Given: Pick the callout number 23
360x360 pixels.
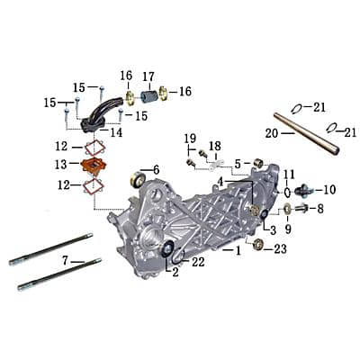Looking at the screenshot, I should click(x=280, y=248).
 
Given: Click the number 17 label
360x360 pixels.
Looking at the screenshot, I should click(x=148, y=76).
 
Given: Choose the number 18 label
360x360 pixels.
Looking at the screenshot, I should click(x=214, y=146).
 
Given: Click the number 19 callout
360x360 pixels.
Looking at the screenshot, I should click(x=190, y=138).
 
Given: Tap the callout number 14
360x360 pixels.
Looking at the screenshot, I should click(x=117, y=132).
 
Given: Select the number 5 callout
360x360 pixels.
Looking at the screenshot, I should click(x=238, y=164).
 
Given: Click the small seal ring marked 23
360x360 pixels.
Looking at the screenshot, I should click(x=258, y=244).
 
